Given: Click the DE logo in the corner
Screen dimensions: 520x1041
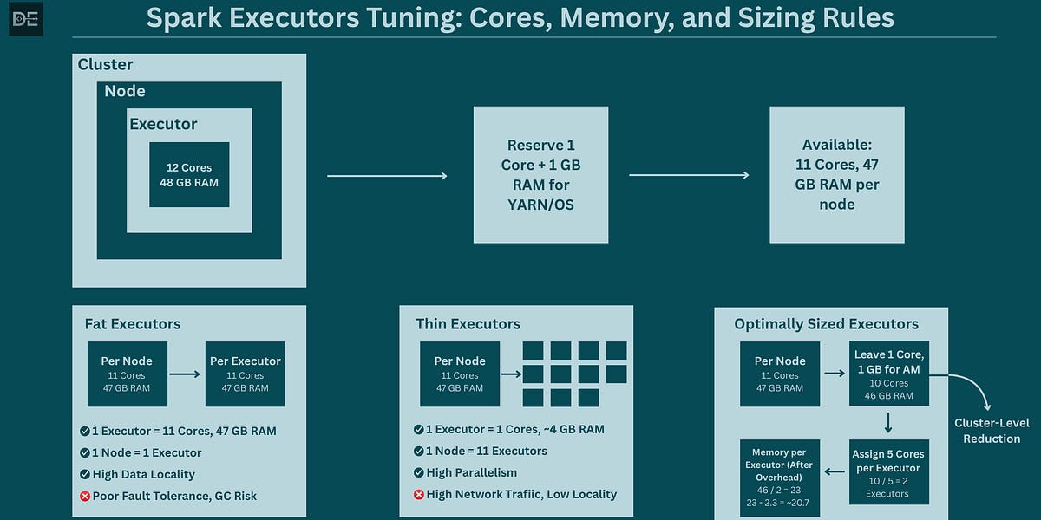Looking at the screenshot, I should click(25, 19).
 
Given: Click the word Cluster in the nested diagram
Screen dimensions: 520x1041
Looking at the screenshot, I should click(105, 65).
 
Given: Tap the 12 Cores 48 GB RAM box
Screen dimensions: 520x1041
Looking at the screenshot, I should click(189, 175).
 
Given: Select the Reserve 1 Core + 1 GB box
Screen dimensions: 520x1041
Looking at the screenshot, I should click(540, 175).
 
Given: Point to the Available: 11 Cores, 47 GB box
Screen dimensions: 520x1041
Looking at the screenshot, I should click(837, 175).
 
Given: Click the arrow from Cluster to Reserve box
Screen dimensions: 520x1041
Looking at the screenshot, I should click(387, 176).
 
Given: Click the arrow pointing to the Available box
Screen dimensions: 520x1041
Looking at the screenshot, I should click(689, 176).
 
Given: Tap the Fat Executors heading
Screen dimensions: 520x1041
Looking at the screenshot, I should click(133, 324).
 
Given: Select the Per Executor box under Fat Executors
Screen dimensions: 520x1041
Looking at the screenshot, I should click(246, 374).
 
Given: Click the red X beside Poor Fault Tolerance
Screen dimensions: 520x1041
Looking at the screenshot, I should click(85, 496).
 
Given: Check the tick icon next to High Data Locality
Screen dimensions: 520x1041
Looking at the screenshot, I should click(85, 474).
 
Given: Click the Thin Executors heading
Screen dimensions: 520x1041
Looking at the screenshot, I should click(468, 324).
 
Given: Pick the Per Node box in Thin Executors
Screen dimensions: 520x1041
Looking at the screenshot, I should click(461, 374).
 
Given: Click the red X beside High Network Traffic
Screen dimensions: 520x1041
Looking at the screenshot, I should click(419, 494).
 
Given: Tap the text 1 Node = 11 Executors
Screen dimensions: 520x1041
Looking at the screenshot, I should click(488, 451).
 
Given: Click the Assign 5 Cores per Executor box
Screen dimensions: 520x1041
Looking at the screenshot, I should click(889, 473).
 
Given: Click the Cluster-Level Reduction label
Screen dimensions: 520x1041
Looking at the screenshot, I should click(992, 431).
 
